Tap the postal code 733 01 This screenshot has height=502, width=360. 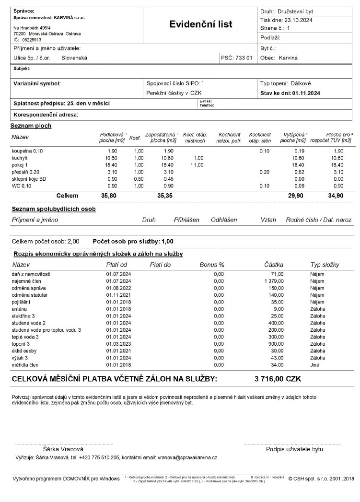pyautogui.click(x=243, y=58)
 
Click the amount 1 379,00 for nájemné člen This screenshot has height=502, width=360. pyautogui.click(x=274, y=280)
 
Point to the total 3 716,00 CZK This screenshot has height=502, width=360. pyautogui.click(x=278, y=378)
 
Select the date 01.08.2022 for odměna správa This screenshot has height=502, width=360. pyautogui.click(x=118, y=288)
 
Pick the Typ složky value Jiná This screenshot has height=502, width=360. pyautogui.click(x=316, y=365)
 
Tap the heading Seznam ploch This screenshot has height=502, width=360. pyautogui.click(x=31, y=126)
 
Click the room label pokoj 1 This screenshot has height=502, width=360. pyautogui.click(x=20, y=164)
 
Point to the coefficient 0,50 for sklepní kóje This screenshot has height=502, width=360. pyautogui.click(x=139, y=178)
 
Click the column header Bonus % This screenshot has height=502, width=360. pyautogui.click(x=212, y=265)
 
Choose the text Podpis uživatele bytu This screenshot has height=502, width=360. pyautogui.click(x=294, y=449)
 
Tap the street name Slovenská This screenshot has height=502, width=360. pyautogui.click(x=74, y=58)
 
